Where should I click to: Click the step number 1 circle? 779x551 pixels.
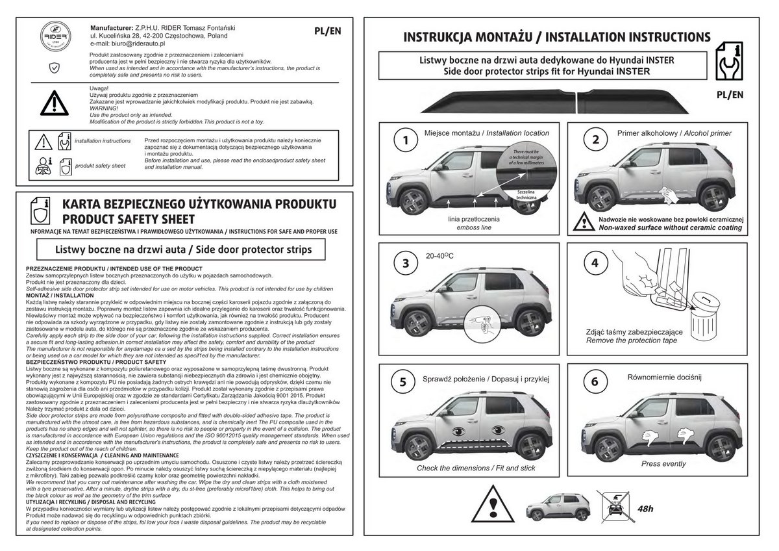406,140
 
